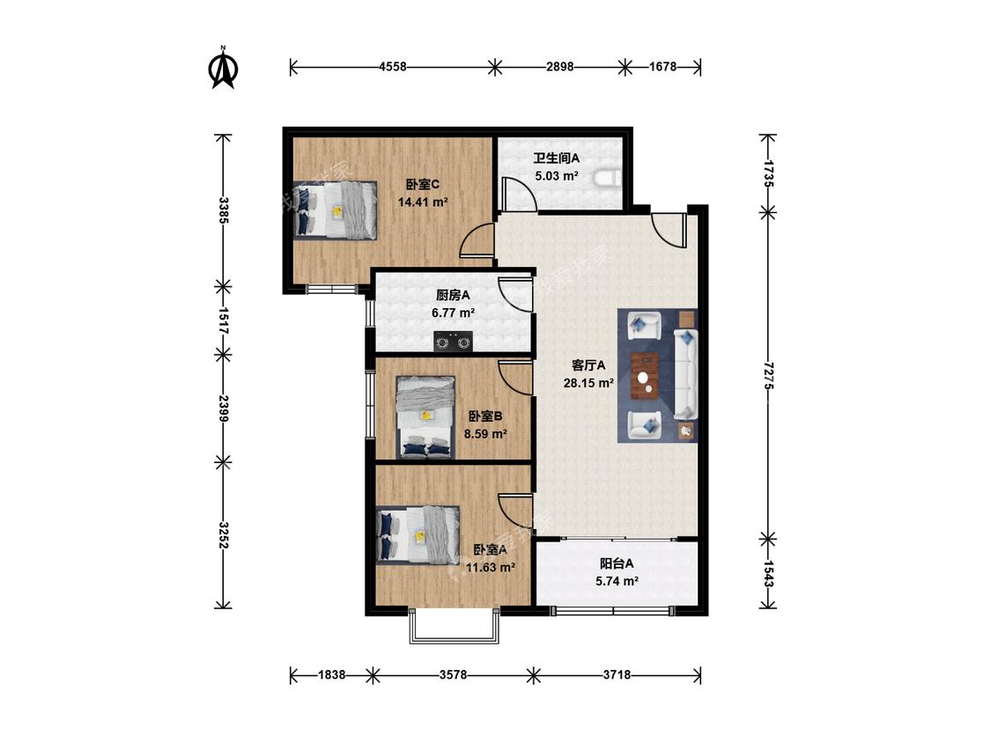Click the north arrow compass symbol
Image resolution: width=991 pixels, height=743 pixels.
point(223,68)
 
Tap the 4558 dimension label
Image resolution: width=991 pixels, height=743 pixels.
point(393,66)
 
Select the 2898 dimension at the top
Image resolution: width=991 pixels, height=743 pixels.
point(560,66)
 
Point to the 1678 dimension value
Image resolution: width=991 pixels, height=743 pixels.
point(663,66)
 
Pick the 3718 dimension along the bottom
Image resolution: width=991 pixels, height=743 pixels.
point(617,674)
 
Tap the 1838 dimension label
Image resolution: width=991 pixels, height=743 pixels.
point(332,674)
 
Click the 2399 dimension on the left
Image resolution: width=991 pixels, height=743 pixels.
point(223,408)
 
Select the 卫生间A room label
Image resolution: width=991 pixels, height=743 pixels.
point(556,158)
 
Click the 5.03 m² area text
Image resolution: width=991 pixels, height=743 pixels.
point(556,176)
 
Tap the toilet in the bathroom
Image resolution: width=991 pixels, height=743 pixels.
point(609,179)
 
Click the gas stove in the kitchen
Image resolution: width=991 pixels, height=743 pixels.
point(453,342)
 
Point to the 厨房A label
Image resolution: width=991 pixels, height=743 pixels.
point(453,295)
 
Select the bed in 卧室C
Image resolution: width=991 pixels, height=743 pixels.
point(336,210)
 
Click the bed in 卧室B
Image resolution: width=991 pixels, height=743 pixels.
point(425,417)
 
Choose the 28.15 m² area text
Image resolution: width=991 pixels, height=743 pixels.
point(588,383)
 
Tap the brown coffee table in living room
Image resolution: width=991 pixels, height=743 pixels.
point(645,376)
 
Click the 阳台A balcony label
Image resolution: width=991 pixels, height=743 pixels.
point(617,563)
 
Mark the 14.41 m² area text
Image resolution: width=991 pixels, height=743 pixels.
point(423,202)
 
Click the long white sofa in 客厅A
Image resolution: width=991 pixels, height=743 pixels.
point(685,374)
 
